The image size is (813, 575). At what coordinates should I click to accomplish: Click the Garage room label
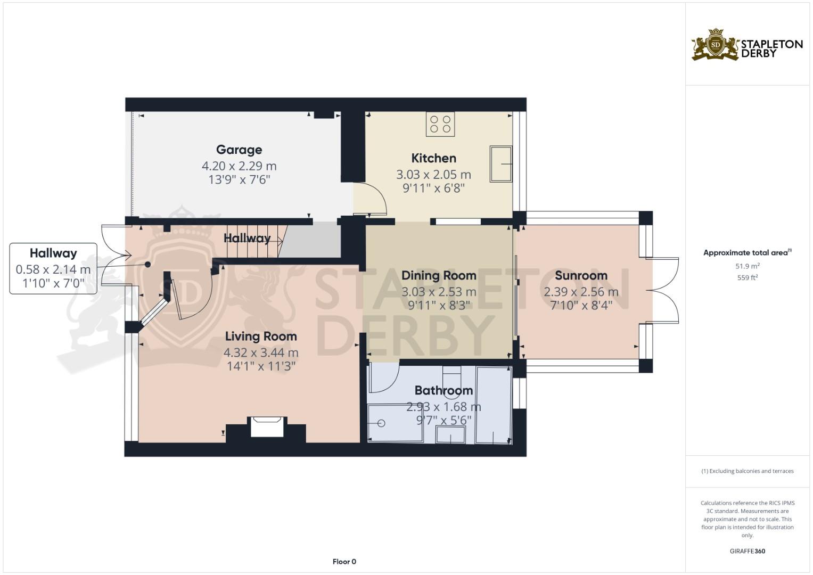239,150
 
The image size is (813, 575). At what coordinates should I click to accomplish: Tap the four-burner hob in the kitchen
440,124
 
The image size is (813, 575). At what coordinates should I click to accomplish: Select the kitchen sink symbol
500,164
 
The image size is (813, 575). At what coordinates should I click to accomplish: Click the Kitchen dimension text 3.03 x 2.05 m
433,174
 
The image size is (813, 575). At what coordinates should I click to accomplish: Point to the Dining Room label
439,275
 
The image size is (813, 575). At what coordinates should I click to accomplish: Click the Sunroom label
581,275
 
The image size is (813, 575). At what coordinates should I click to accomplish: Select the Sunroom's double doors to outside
663,291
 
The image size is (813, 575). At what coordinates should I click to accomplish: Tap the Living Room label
261,336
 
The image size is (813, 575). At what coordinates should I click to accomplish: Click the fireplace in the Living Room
266,427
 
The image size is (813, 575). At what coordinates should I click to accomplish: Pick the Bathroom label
444,390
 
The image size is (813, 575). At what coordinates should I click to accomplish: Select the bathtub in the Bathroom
493,405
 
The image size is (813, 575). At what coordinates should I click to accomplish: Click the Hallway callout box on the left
53,268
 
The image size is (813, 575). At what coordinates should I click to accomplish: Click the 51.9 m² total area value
747,266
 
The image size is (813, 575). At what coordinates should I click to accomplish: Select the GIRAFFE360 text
747,551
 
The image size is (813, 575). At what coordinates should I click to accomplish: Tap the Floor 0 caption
344,562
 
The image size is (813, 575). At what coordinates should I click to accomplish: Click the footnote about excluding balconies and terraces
747,471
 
